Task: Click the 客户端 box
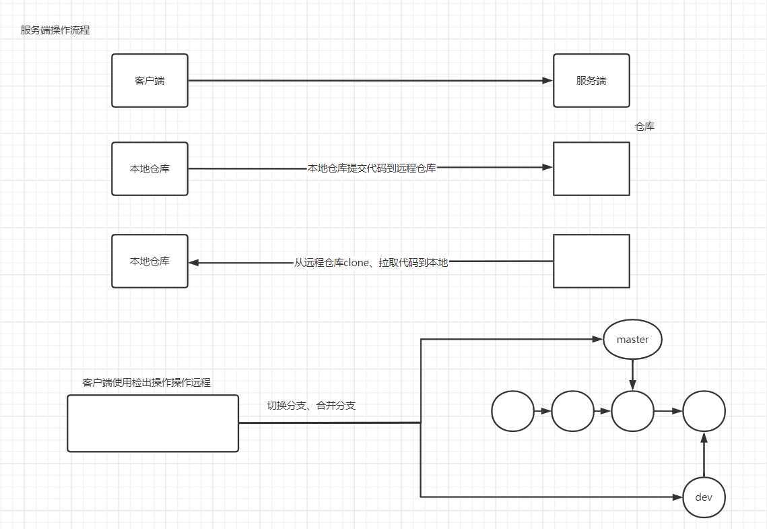click(149, 81)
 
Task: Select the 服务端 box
click(591, 81)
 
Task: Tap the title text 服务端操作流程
click(55, 30)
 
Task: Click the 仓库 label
click(644, 127)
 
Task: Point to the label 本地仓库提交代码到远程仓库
click(372, 168)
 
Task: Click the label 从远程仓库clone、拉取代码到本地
click(371, 263)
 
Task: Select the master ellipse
click(632, 340)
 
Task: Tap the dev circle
click(704, 497)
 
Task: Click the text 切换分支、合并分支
click(311, 406)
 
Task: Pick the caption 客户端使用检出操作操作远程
click(146, 383)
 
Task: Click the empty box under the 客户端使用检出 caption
click(153, 423)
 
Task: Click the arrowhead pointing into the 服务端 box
click(548, 81)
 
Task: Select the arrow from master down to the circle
click(632, 375)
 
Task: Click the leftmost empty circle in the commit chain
click(512, 411)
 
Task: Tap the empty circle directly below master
click(632, 411)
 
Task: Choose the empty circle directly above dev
click(704, 411)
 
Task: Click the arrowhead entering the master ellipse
click(598, 339)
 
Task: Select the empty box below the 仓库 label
click(591, 169)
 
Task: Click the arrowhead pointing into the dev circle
click(677, 497)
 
